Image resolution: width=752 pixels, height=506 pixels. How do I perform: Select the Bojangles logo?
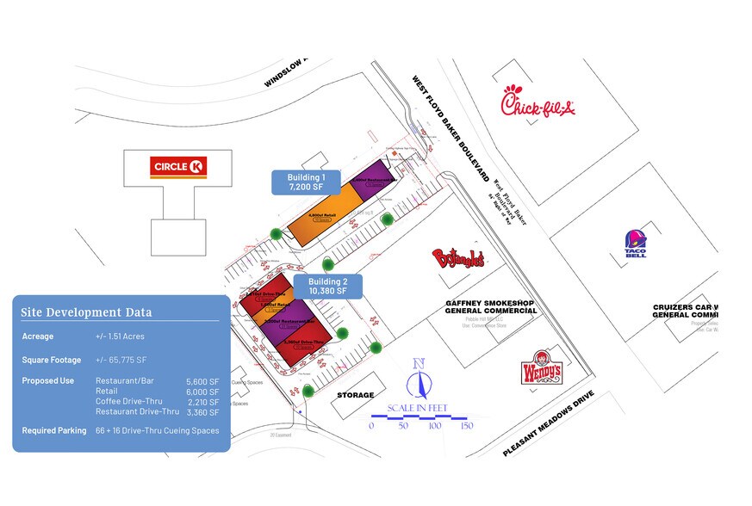[x=458, y=258]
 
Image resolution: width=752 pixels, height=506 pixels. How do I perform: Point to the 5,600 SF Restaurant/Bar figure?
[x=202, y=380]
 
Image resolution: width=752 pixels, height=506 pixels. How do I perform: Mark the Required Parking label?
[x=53, y=430]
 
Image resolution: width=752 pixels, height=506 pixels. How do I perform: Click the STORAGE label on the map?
[x=355, y=396]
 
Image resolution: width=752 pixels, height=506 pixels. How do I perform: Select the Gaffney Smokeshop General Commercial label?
[x=491, y=307]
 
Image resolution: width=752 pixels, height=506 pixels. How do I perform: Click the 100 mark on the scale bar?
[x=435, y=425]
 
